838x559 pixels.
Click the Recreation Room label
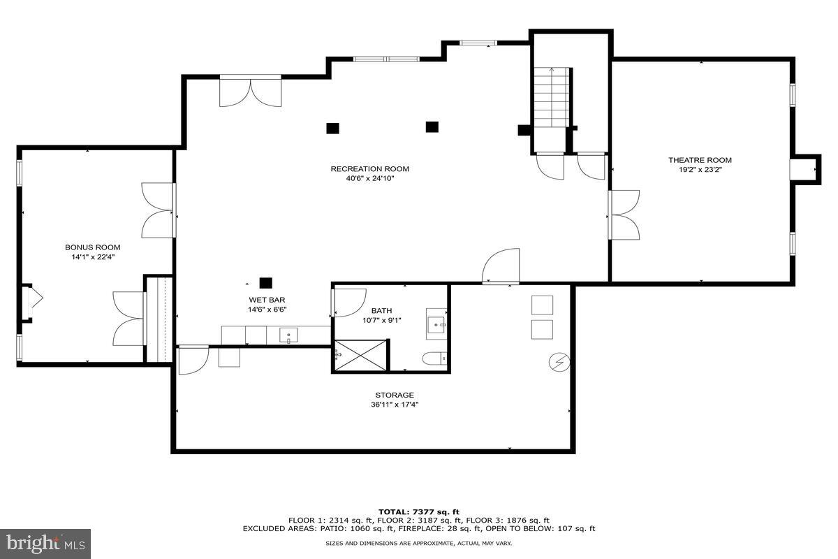pos(369,168)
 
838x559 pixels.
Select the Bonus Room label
pos(92,247)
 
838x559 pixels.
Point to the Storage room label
pos(395,395)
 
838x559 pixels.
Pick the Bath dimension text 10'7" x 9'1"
pos(381,321)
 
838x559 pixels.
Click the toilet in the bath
pos(432,358)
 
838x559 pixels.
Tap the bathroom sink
pos(436,324)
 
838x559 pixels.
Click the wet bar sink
pos(289,336)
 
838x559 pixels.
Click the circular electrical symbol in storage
pos(560,362)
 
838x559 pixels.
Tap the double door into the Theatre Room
pos(623,215)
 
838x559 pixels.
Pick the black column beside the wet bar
pos(265,283)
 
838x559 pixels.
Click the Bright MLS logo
pos(45,542)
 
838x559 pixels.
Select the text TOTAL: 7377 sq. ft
pos(419,512)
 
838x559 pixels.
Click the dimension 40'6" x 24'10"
pos(369,178)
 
